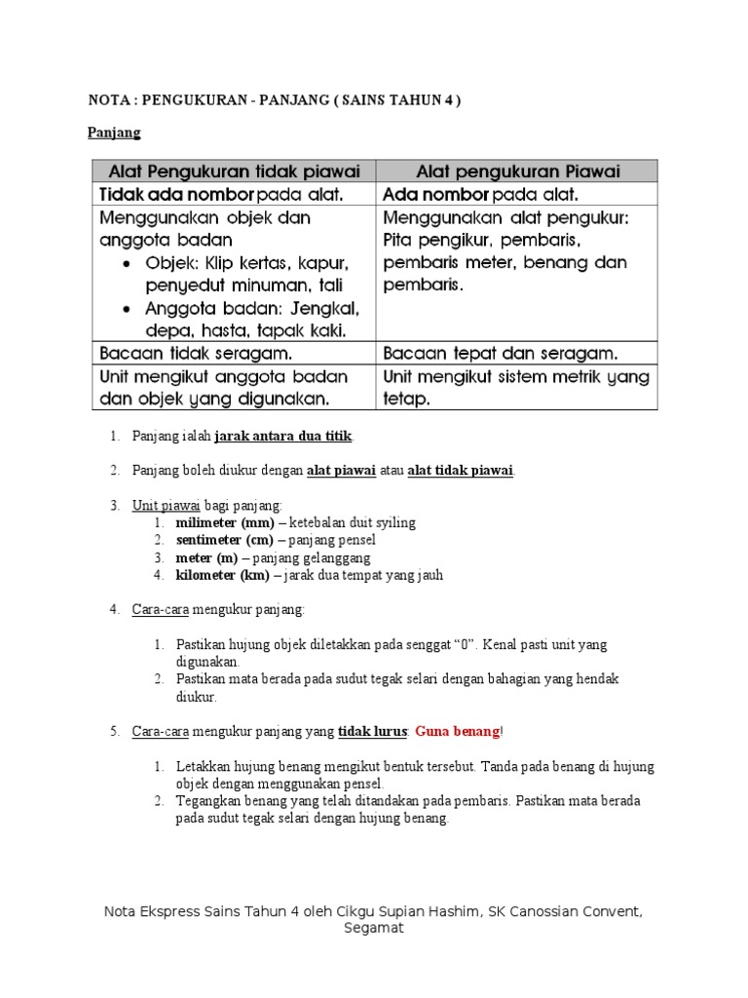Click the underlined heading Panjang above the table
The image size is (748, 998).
[x=115, y=132]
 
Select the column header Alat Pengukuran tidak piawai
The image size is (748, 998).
[x=233, y=172]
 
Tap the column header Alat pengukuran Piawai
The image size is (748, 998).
[x=517, y=172]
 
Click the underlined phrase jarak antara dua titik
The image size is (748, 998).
[x=282, y=436]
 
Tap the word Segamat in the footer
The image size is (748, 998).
[x=373, y=928]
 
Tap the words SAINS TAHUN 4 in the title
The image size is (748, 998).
[x=393, y=100]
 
